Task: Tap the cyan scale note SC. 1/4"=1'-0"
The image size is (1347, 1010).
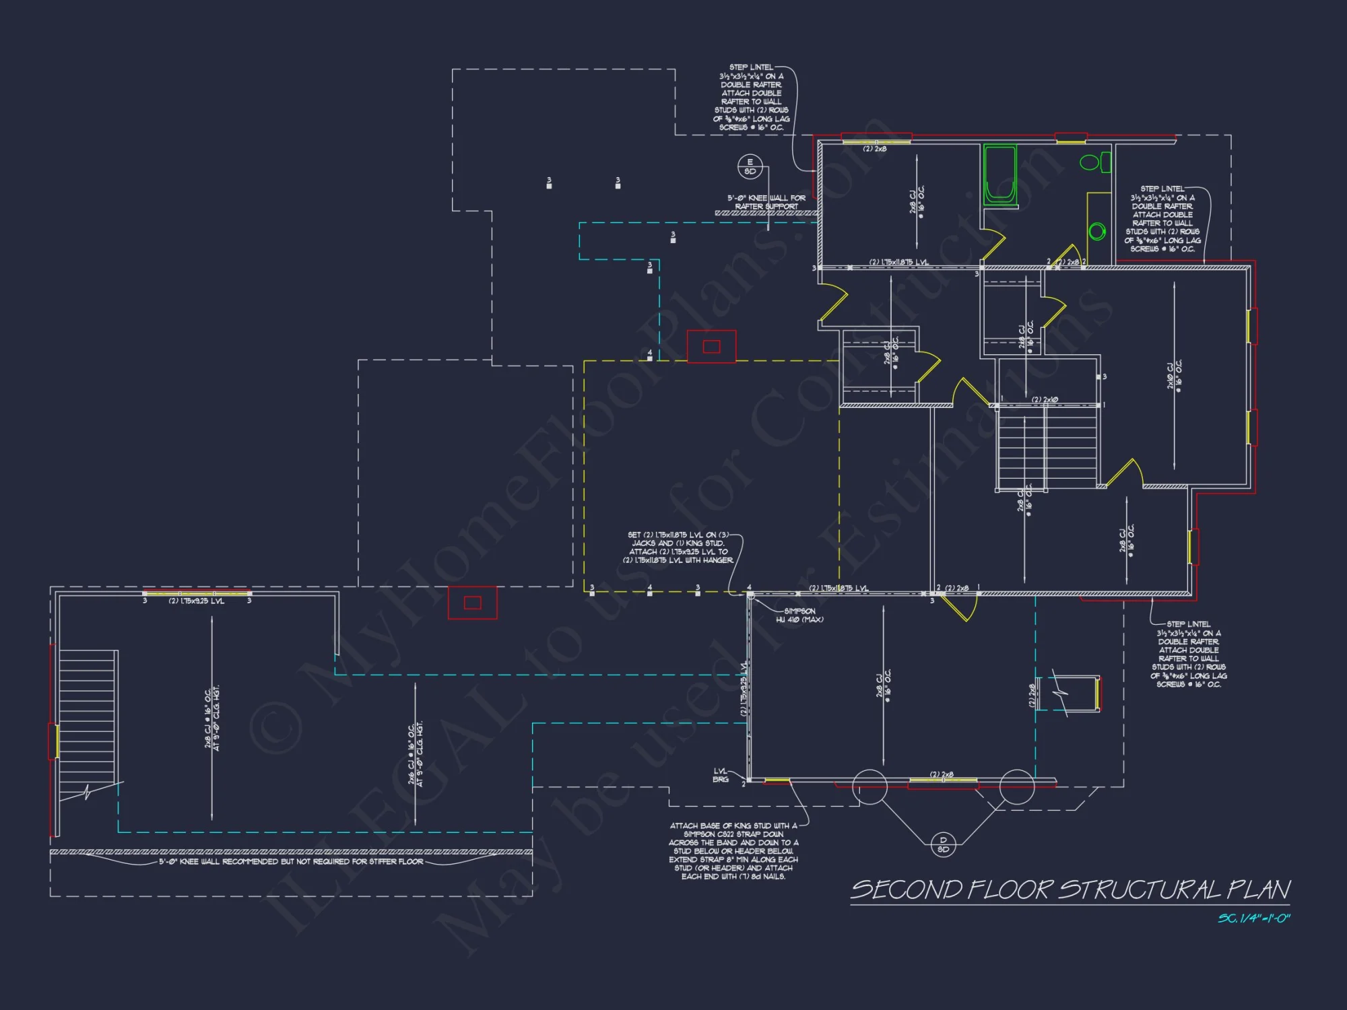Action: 1253,918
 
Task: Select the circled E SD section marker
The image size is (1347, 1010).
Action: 750,166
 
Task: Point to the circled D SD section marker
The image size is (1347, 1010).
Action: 943,844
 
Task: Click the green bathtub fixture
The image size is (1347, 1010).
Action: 999,174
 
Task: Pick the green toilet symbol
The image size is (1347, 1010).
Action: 1094,162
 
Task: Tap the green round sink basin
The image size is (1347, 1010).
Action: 1097,232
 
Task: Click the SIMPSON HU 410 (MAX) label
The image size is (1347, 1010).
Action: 799,615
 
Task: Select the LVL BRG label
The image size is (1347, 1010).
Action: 721,775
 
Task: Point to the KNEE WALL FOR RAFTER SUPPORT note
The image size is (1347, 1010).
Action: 766,202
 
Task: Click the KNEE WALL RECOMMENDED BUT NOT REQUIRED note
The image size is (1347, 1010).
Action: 291,861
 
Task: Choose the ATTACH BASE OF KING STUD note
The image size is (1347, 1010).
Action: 733,850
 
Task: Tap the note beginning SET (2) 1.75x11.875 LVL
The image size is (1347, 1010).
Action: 678,547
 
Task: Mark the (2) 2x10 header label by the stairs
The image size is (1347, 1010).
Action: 1045,400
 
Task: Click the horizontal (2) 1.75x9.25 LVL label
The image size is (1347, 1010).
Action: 196,601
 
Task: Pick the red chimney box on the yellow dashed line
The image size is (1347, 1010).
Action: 711,347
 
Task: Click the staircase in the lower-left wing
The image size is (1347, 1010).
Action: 88,724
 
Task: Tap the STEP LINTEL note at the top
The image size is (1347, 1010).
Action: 751,97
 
